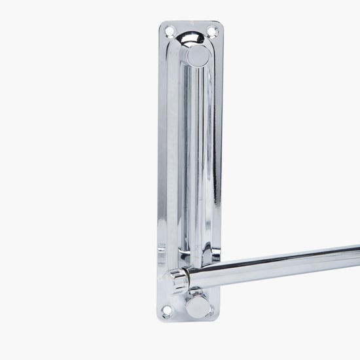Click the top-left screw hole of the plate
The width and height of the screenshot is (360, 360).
169,31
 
